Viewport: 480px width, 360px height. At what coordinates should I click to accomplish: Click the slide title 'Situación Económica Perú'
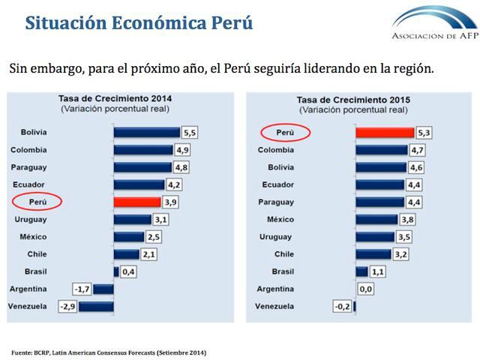139,22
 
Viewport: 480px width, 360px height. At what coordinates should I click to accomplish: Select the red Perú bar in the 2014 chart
136,202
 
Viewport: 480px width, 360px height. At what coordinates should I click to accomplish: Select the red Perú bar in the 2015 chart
384,133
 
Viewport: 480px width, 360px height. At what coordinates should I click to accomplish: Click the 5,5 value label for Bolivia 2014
190,132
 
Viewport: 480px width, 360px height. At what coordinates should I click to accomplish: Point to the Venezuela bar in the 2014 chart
96,306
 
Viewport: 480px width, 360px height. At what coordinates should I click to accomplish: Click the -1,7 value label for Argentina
82,289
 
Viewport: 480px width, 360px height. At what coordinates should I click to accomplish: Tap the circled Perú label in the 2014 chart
36,202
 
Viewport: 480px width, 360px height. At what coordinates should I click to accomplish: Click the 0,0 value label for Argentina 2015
366,289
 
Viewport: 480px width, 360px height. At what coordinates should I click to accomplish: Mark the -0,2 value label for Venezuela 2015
342,306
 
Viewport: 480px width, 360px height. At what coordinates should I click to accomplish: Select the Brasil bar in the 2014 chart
116,271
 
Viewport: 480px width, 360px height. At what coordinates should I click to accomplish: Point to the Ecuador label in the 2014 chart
28,184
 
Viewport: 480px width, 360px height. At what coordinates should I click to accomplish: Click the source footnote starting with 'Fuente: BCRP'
109,352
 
